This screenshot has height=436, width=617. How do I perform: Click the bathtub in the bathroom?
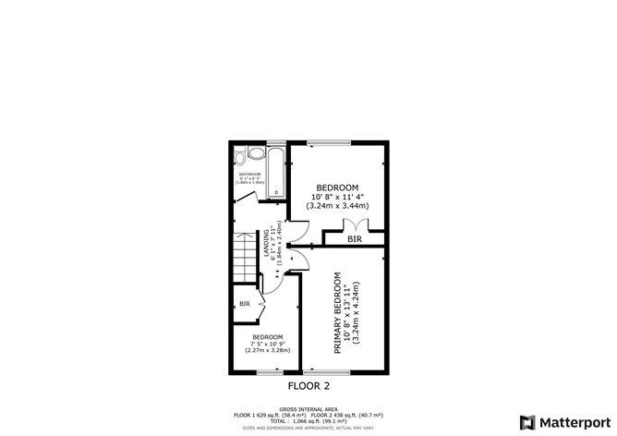(275, 172)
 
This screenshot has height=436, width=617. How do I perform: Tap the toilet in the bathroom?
(241, 155)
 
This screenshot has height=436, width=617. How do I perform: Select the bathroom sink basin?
(238, 191)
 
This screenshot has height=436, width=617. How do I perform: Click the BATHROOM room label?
(250, 174)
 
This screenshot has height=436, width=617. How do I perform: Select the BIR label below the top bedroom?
(354, 239)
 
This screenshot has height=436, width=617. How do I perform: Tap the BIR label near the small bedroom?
(245, 304)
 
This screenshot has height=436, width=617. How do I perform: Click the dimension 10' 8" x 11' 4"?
(337, 195)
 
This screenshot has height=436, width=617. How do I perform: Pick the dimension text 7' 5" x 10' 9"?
(268, 344)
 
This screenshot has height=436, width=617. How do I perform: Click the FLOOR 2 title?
(308, 385)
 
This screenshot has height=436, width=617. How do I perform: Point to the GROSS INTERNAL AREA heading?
(308, 407)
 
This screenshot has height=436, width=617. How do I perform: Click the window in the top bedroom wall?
(328, 142)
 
